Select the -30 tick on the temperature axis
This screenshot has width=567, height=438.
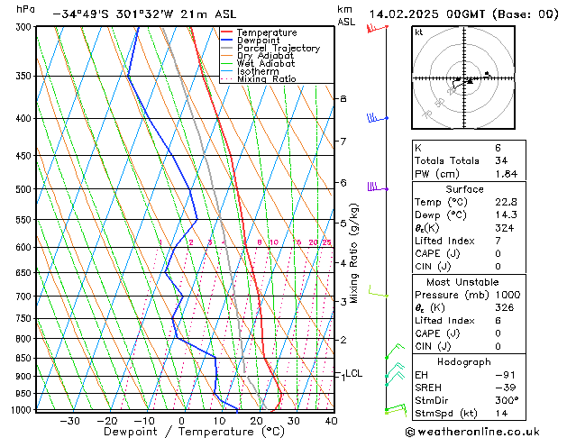69,421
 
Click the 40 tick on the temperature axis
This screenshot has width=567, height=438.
331,421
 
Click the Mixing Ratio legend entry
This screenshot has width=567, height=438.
266,78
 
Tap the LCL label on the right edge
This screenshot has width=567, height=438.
353,373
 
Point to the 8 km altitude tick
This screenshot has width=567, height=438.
343,97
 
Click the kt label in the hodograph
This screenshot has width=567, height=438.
418,32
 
